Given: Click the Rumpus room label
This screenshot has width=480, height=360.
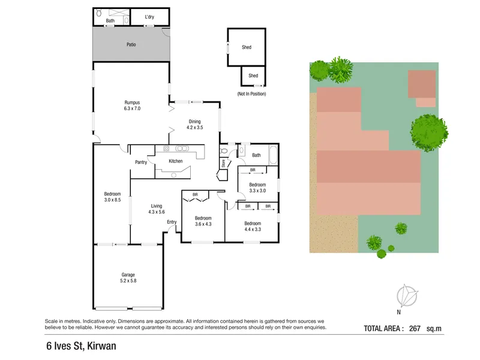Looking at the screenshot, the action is point(132,103).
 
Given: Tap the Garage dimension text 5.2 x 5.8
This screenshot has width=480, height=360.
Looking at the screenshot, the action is point(128,281).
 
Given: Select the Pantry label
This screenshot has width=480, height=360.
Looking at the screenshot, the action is point(141,162).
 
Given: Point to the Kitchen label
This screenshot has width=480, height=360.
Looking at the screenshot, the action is point(175,161).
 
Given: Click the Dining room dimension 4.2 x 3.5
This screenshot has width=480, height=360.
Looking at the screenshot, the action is point(194,127).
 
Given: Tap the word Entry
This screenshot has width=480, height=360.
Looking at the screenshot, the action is point(172,222).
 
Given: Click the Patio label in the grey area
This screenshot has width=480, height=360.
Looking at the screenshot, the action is point(131,44).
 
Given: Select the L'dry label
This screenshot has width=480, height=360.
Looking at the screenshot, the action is point(149,17).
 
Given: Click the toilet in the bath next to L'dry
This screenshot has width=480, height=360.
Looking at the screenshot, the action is point(99,13).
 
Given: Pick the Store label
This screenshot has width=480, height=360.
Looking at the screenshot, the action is point(223,163).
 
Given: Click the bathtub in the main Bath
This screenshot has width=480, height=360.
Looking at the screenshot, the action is point(273,155).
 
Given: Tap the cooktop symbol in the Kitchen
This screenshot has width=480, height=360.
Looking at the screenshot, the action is point(166,148).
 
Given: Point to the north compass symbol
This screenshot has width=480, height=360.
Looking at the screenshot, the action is point(407,296).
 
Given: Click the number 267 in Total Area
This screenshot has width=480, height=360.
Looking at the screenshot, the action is point(415,328).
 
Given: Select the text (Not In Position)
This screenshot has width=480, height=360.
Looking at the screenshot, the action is point(251,94).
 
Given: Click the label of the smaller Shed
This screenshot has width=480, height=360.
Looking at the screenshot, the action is point(253,76).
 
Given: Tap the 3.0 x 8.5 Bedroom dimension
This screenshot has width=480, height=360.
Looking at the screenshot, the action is point(112,200).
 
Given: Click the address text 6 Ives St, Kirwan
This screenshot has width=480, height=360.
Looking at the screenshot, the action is point(81,346).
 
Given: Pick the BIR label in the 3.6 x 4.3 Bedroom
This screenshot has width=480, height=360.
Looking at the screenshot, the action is point(195,194).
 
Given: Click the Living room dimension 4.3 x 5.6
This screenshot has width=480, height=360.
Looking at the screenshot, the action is point(157,212).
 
